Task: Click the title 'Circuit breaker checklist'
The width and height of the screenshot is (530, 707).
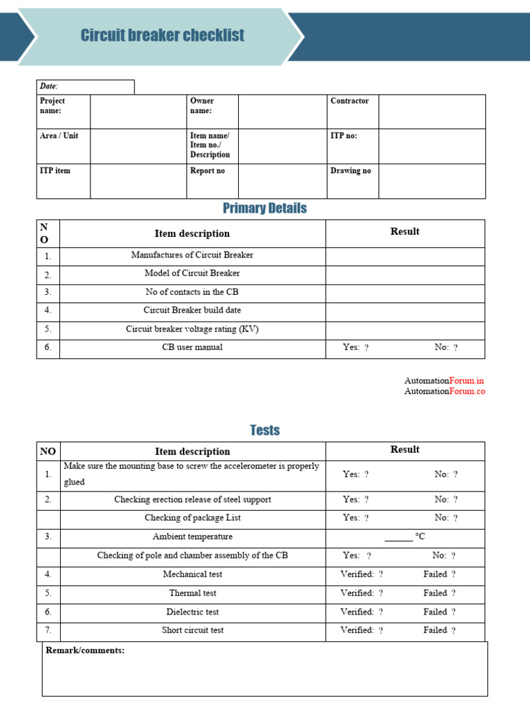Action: [x=162, y=35]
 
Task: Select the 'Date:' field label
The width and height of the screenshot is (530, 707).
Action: [x=49, y=86]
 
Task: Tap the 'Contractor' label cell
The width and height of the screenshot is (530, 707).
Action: [x=350, y=101]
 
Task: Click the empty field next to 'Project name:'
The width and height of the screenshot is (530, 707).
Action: [x=138, y=111]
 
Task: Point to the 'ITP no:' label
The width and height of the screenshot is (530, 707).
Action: [x=344, y=136]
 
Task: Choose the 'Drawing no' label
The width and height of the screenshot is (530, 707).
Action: [x=351, y=171]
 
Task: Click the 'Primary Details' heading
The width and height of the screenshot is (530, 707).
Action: [x=264, y=209]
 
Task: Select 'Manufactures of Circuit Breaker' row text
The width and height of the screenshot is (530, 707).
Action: [x=192, y=255]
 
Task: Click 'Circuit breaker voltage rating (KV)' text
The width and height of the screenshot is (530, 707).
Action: [x=192, y=329]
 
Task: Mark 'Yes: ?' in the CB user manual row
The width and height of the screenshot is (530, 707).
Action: [x=355, y=347]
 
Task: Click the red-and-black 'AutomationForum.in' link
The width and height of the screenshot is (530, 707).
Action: [x=444, y=380]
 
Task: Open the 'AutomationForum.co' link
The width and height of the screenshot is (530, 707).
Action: [x=444, y=391]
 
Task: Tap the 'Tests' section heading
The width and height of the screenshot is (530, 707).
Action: [x=264, y=430]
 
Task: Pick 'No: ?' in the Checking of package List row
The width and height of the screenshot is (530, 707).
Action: [x=446, y=518]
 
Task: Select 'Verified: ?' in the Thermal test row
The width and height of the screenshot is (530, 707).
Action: [x=362, y=593]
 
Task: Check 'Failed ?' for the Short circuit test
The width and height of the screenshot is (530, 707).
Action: [x=440, y=630]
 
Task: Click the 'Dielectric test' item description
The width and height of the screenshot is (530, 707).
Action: [x=193, y=612]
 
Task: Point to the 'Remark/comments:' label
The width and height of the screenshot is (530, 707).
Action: [x=85, y=650]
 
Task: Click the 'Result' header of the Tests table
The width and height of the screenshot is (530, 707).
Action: [x=404, y=449]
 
